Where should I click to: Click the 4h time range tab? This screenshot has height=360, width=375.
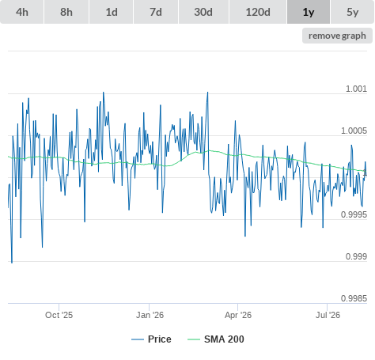(22, 12)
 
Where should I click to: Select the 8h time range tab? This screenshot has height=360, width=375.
(66, 12)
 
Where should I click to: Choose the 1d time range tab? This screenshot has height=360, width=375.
(112, 12)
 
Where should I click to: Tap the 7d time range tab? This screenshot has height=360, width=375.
(156, 12)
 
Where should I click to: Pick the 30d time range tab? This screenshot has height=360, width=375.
(203, 12)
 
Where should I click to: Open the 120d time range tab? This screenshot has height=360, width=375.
(258, 12)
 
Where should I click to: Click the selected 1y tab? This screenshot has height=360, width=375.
(309, 12)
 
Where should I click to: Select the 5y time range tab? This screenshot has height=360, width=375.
(353, 12)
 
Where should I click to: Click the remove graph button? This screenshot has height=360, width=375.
(337, 36)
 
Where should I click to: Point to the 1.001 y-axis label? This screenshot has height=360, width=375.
(356, 89)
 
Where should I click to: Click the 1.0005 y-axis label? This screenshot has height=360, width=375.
(354, 131)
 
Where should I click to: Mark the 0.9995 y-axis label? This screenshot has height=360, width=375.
(354, 214)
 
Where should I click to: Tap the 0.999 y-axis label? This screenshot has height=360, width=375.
(356, 256)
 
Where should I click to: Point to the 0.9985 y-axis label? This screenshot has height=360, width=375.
(354, 298)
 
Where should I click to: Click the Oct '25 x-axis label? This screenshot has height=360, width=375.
(59, 315)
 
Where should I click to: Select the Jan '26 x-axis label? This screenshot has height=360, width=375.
(150, 315)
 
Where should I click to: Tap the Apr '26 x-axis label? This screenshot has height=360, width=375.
(238, 315)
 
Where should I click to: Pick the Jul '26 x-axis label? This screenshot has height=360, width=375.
(328, 315)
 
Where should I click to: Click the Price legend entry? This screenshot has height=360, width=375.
(151, 339)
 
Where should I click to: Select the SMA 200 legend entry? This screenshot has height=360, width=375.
(216, 339)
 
